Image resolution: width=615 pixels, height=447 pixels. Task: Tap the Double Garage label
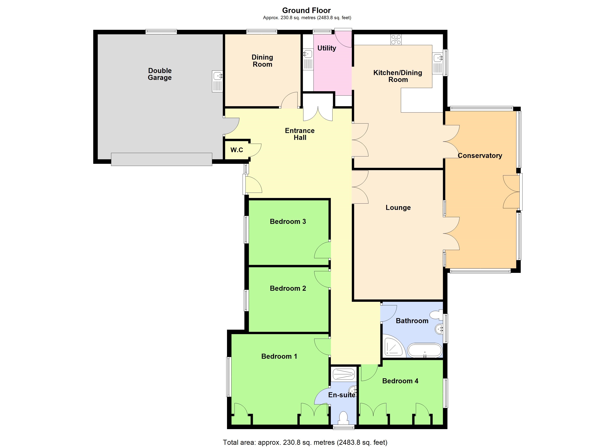click(160, 74)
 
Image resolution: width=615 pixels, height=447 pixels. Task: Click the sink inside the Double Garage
click(217, 81)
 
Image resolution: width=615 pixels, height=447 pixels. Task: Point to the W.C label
click(237, 150)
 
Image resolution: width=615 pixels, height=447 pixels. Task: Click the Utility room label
click(327, 48)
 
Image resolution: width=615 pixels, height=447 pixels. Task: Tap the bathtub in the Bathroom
click(425, 351)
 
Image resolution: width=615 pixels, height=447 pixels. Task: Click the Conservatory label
click(480, 156)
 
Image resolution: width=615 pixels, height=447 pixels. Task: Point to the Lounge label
click(398, 208)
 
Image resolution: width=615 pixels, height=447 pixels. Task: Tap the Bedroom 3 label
click(288, 221)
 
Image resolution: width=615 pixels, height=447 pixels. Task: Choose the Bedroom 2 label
click(288, 289)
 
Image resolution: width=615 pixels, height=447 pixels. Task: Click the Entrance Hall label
click(300, 134)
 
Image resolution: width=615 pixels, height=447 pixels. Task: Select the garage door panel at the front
click(162, 159)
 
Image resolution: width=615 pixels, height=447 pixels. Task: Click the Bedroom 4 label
click(400, 381)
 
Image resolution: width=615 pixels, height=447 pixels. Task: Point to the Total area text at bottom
click(305, 442)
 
